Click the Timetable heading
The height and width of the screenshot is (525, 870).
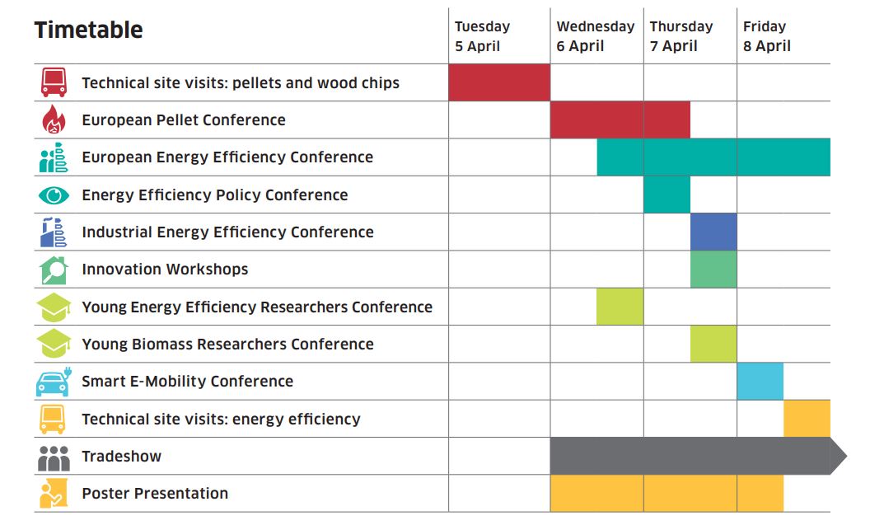[89, 30]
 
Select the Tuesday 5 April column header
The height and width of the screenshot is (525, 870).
[482, 36]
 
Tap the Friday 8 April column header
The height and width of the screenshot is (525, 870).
[767, 36]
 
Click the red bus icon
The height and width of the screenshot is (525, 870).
[54, 82]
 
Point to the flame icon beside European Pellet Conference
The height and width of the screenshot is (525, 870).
[54, 120]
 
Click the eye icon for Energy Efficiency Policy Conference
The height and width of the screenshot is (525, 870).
[54, 195]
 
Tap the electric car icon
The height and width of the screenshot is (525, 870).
[54, 382]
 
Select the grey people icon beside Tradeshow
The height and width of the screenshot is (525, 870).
[54, 458]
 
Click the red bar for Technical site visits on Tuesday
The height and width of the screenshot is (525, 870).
[499, 82]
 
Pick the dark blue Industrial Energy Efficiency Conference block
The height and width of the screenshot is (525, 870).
[713, 232]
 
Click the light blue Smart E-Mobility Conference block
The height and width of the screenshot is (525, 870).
[760, 382]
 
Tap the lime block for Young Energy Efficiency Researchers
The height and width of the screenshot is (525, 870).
[620, 307]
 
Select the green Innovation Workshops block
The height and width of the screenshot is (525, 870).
[713, 270]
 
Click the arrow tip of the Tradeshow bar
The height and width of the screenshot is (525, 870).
[847, 456]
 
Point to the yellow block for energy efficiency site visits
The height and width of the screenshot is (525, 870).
[807, 419]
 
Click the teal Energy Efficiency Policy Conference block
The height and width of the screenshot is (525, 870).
[667, 195]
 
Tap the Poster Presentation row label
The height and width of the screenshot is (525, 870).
[155, 494]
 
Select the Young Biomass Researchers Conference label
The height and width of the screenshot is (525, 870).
[227, 344]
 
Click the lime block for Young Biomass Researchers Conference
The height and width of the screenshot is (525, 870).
[713, 344]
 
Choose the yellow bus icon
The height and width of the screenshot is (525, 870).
[53, 419]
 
